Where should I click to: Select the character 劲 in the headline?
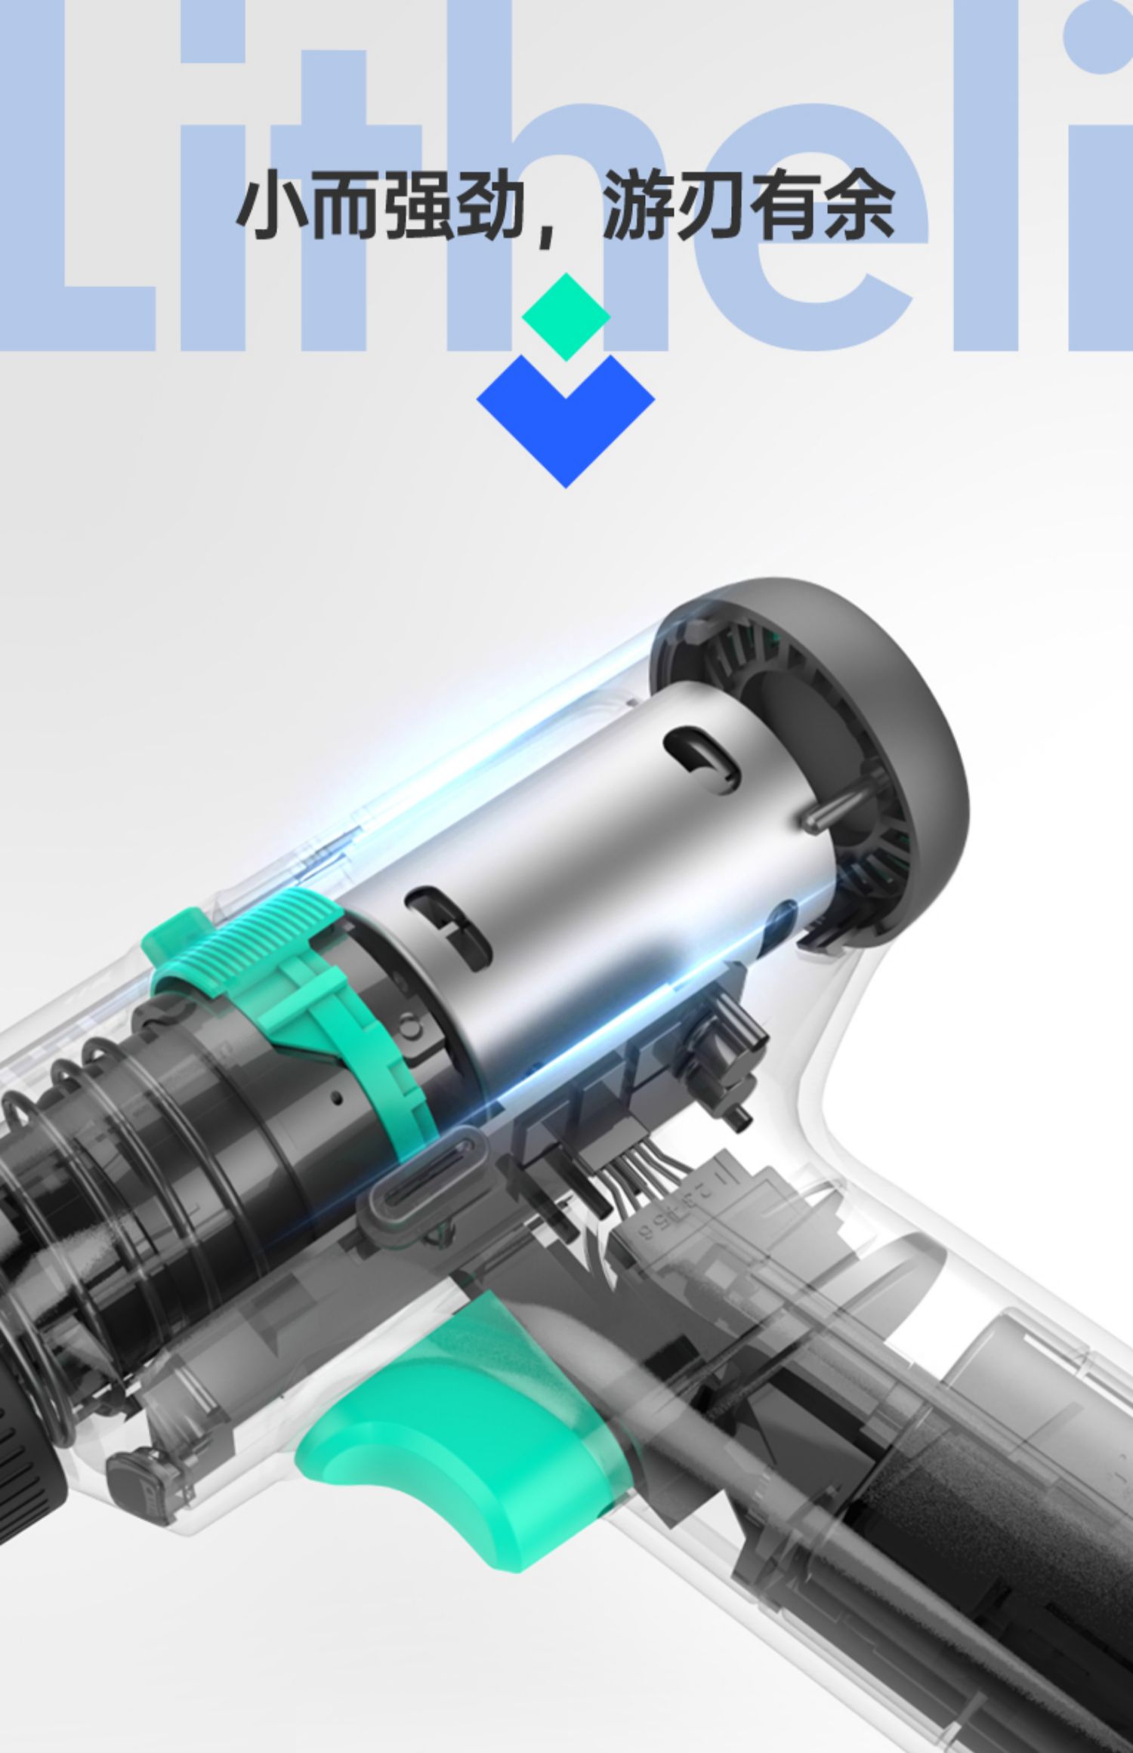[489, 205]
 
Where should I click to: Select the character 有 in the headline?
[786, 205]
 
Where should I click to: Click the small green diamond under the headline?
[566, 317]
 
